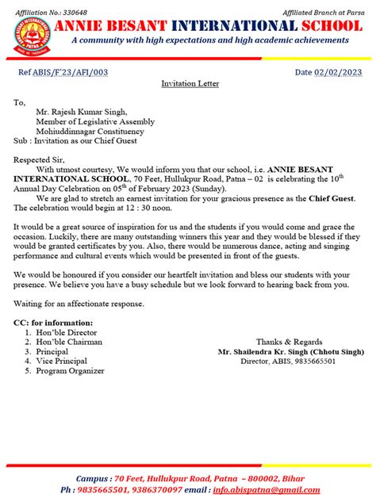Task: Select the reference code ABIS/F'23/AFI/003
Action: (x=81, y=73)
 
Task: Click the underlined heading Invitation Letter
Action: (x=190, y=83)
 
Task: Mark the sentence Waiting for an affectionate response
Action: (x=79, y=304)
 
